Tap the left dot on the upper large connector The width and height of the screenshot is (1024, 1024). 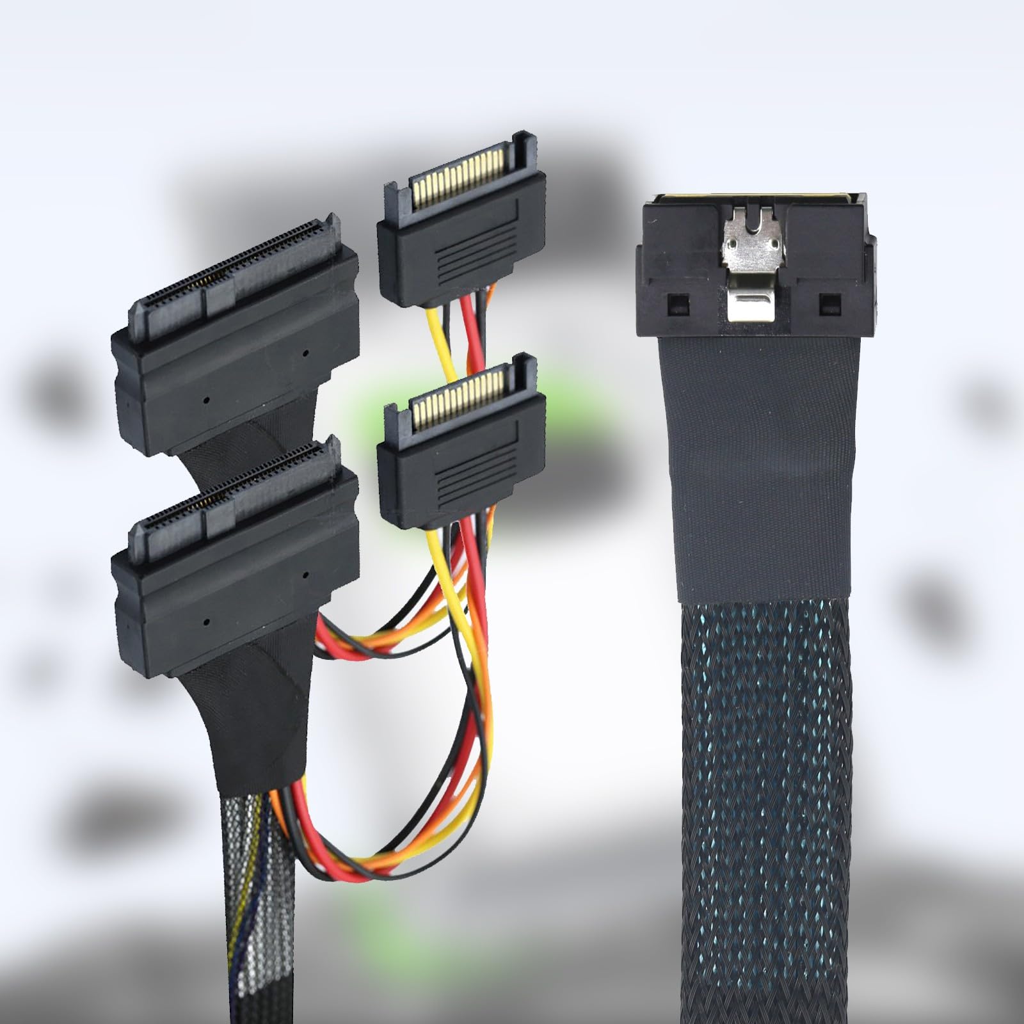pyautogui.click(x=207, y=400)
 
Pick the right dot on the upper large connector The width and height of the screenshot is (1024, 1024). pyautogui.click(x=305, y=353)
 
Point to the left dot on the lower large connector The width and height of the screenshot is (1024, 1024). pyautogui.click(x=207, y=621)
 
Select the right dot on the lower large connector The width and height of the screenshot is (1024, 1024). pyautogui.click(x=305, y=575)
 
